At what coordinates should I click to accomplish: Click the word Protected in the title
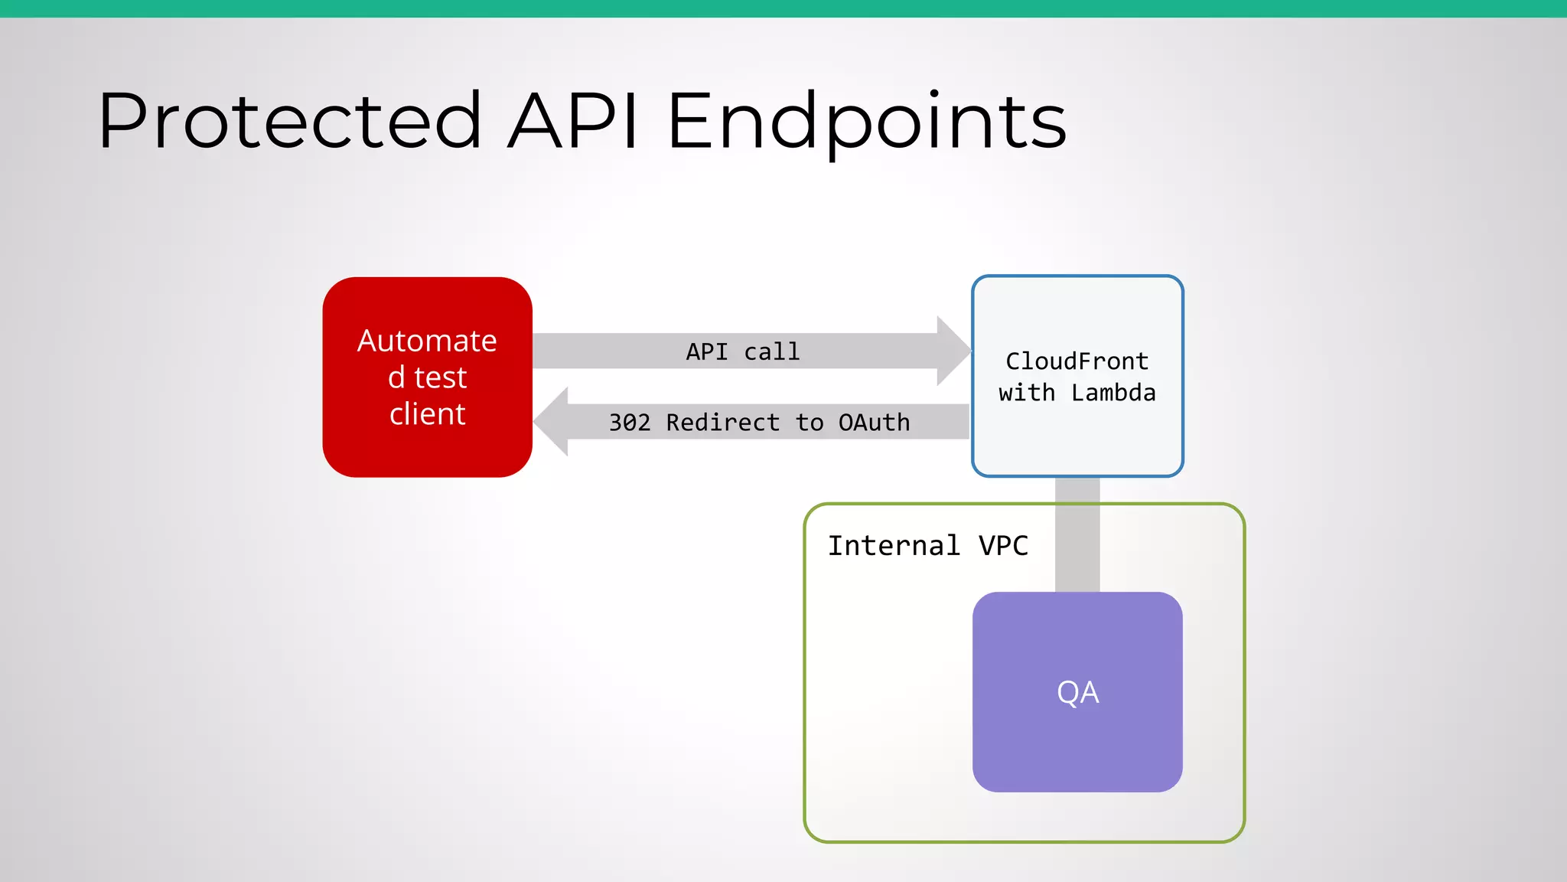(x=289, y=120)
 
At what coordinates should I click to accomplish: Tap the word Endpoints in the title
(x=867, y=120)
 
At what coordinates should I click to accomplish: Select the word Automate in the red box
(x=427, y=341)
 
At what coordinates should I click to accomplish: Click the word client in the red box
(x=427, y=414)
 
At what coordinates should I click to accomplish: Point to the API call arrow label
(x=742, y=351)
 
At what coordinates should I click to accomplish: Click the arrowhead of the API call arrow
(x=953, y=351)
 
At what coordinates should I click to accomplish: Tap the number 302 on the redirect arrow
(x=629, y=423)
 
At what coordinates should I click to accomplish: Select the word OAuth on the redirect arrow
(x=874, y=423)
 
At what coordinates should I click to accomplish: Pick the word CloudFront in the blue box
(x=1077, y=361)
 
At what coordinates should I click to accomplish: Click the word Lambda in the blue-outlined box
(x=1113, y=393)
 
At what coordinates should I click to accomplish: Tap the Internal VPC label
(x=927, y=546)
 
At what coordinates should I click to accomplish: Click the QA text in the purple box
(x=1077, y=692)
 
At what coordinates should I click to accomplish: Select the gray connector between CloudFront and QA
(x=1077, y=536)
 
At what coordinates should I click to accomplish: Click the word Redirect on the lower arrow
(x=722, y=423)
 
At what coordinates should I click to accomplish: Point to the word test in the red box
(x=440, y=377)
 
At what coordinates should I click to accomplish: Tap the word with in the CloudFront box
(x=1027, y=393)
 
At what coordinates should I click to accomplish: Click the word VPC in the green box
(x=1003, y=546)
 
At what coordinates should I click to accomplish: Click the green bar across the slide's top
(x=783, y=8)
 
